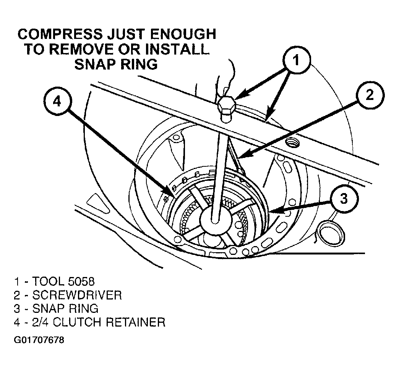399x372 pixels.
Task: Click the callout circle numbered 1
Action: (297, 60)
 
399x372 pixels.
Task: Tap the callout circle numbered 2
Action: (370, 95)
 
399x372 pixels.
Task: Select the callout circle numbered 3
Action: (344, 198)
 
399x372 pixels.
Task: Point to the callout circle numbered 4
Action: (57, 101)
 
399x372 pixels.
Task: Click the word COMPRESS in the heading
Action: (60, 34)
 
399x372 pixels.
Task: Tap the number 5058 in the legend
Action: (81, 282)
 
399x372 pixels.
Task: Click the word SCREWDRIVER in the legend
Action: (77, 295)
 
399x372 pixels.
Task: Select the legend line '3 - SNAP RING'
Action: (56, 309)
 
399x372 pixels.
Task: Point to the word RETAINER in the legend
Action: (135, 322)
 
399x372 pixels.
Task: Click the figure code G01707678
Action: (39, 340)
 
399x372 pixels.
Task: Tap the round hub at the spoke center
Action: (216, 219)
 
